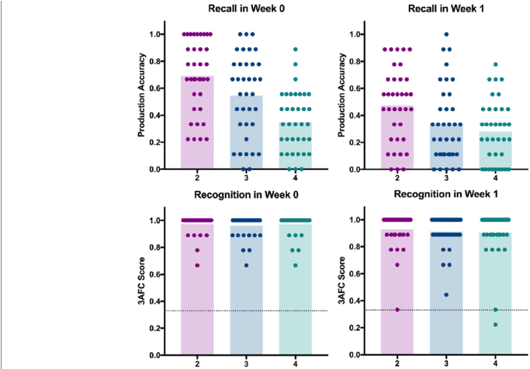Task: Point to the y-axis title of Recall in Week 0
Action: [142, 101]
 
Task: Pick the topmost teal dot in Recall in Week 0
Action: [296, 48]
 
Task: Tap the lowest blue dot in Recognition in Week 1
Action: [445, 295]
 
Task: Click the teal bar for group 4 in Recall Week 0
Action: [296, 148]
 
